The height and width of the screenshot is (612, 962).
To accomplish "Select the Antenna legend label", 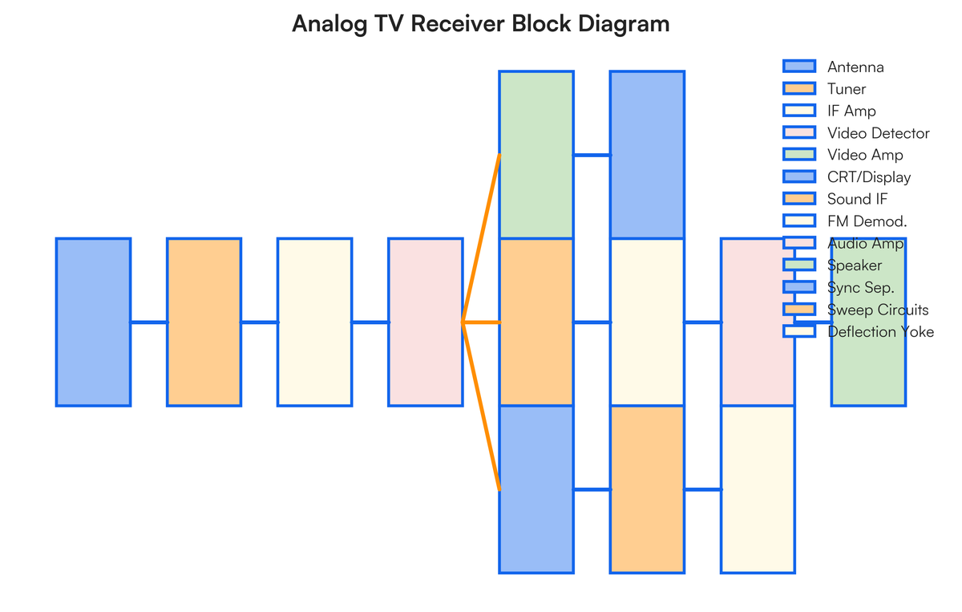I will click(855, 67).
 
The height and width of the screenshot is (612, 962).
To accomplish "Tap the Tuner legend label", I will click(847, 89).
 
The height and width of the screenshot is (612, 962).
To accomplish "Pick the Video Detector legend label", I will click(879, 133).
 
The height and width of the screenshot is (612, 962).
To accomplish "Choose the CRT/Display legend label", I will click(869, 177).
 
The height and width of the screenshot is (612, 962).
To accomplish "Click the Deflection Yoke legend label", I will click(880, 331).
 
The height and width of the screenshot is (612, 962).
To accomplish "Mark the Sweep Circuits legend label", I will click(878, 310).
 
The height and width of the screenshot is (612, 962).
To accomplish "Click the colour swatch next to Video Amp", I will click(798, 155).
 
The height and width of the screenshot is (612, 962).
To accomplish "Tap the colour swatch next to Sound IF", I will click(798, 199).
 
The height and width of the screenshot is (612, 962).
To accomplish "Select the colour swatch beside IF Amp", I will click(798, 111).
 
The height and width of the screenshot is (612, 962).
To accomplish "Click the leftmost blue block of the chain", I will click(93, 322).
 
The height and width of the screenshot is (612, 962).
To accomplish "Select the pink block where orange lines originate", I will click(426, 322).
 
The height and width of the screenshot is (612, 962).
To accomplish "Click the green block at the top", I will click(536, 155).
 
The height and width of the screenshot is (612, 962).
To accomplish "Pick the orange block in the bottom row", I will click(647, 489).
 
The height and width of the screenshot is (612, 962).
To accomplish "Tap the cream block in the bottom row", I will click(758, 489).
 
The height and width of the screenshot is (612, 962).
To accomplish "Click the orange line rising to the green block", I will click(482, 237).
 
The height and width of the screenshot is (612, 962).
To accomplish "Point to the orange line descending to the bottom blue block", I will click(482, 407).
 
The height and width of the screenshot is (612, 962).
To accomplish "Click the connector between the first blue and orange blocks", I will click(149, 322).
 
